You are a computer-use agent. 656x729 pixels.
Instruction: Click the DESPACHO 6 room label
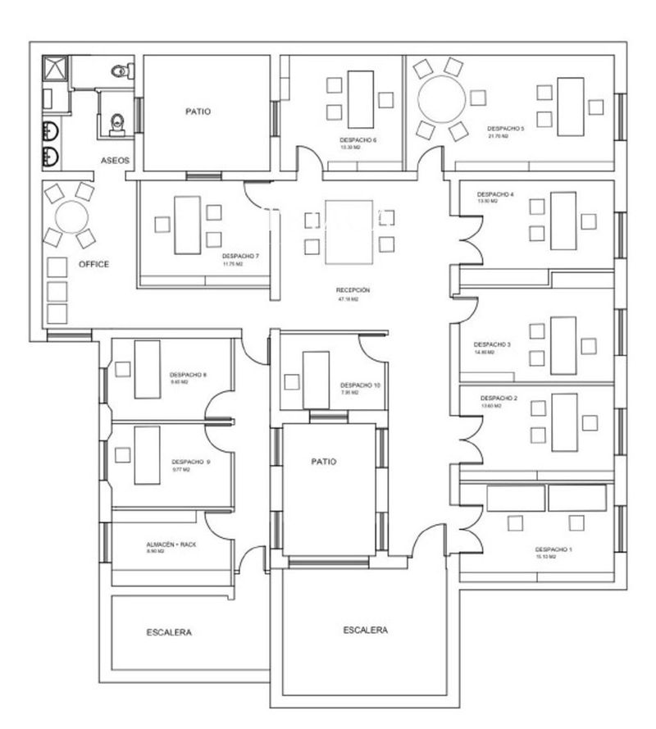(358, 140)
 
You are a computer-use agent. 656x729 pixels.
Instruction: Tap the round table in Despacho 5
(441, 99)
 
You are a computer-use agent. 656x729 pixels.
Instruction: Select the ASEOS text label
(115, 161)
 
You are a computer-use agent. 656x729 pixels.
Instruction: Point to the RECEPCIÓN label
(353, 290)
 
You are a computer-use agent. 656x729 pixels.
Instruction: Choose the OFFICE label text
(93, 264)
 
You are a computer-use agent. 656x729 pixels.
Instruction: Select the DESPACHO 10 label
(360, 385)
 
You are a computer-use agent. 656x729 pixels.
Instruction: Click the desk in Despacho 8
(147, 368)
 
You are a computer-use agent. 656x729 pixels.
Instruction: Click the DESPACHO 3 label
(492, 344)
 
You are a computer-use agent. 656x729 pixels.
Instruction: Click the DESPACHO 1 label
(553, 549)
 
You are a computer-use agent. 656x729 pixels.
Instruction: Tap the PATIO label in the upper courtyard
(198, 112)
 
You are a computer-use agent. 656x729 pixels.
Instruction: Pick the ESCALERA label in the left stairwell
(169, 632)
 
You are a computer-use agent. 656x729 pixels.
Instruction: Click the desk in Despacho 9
(147, 453)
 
